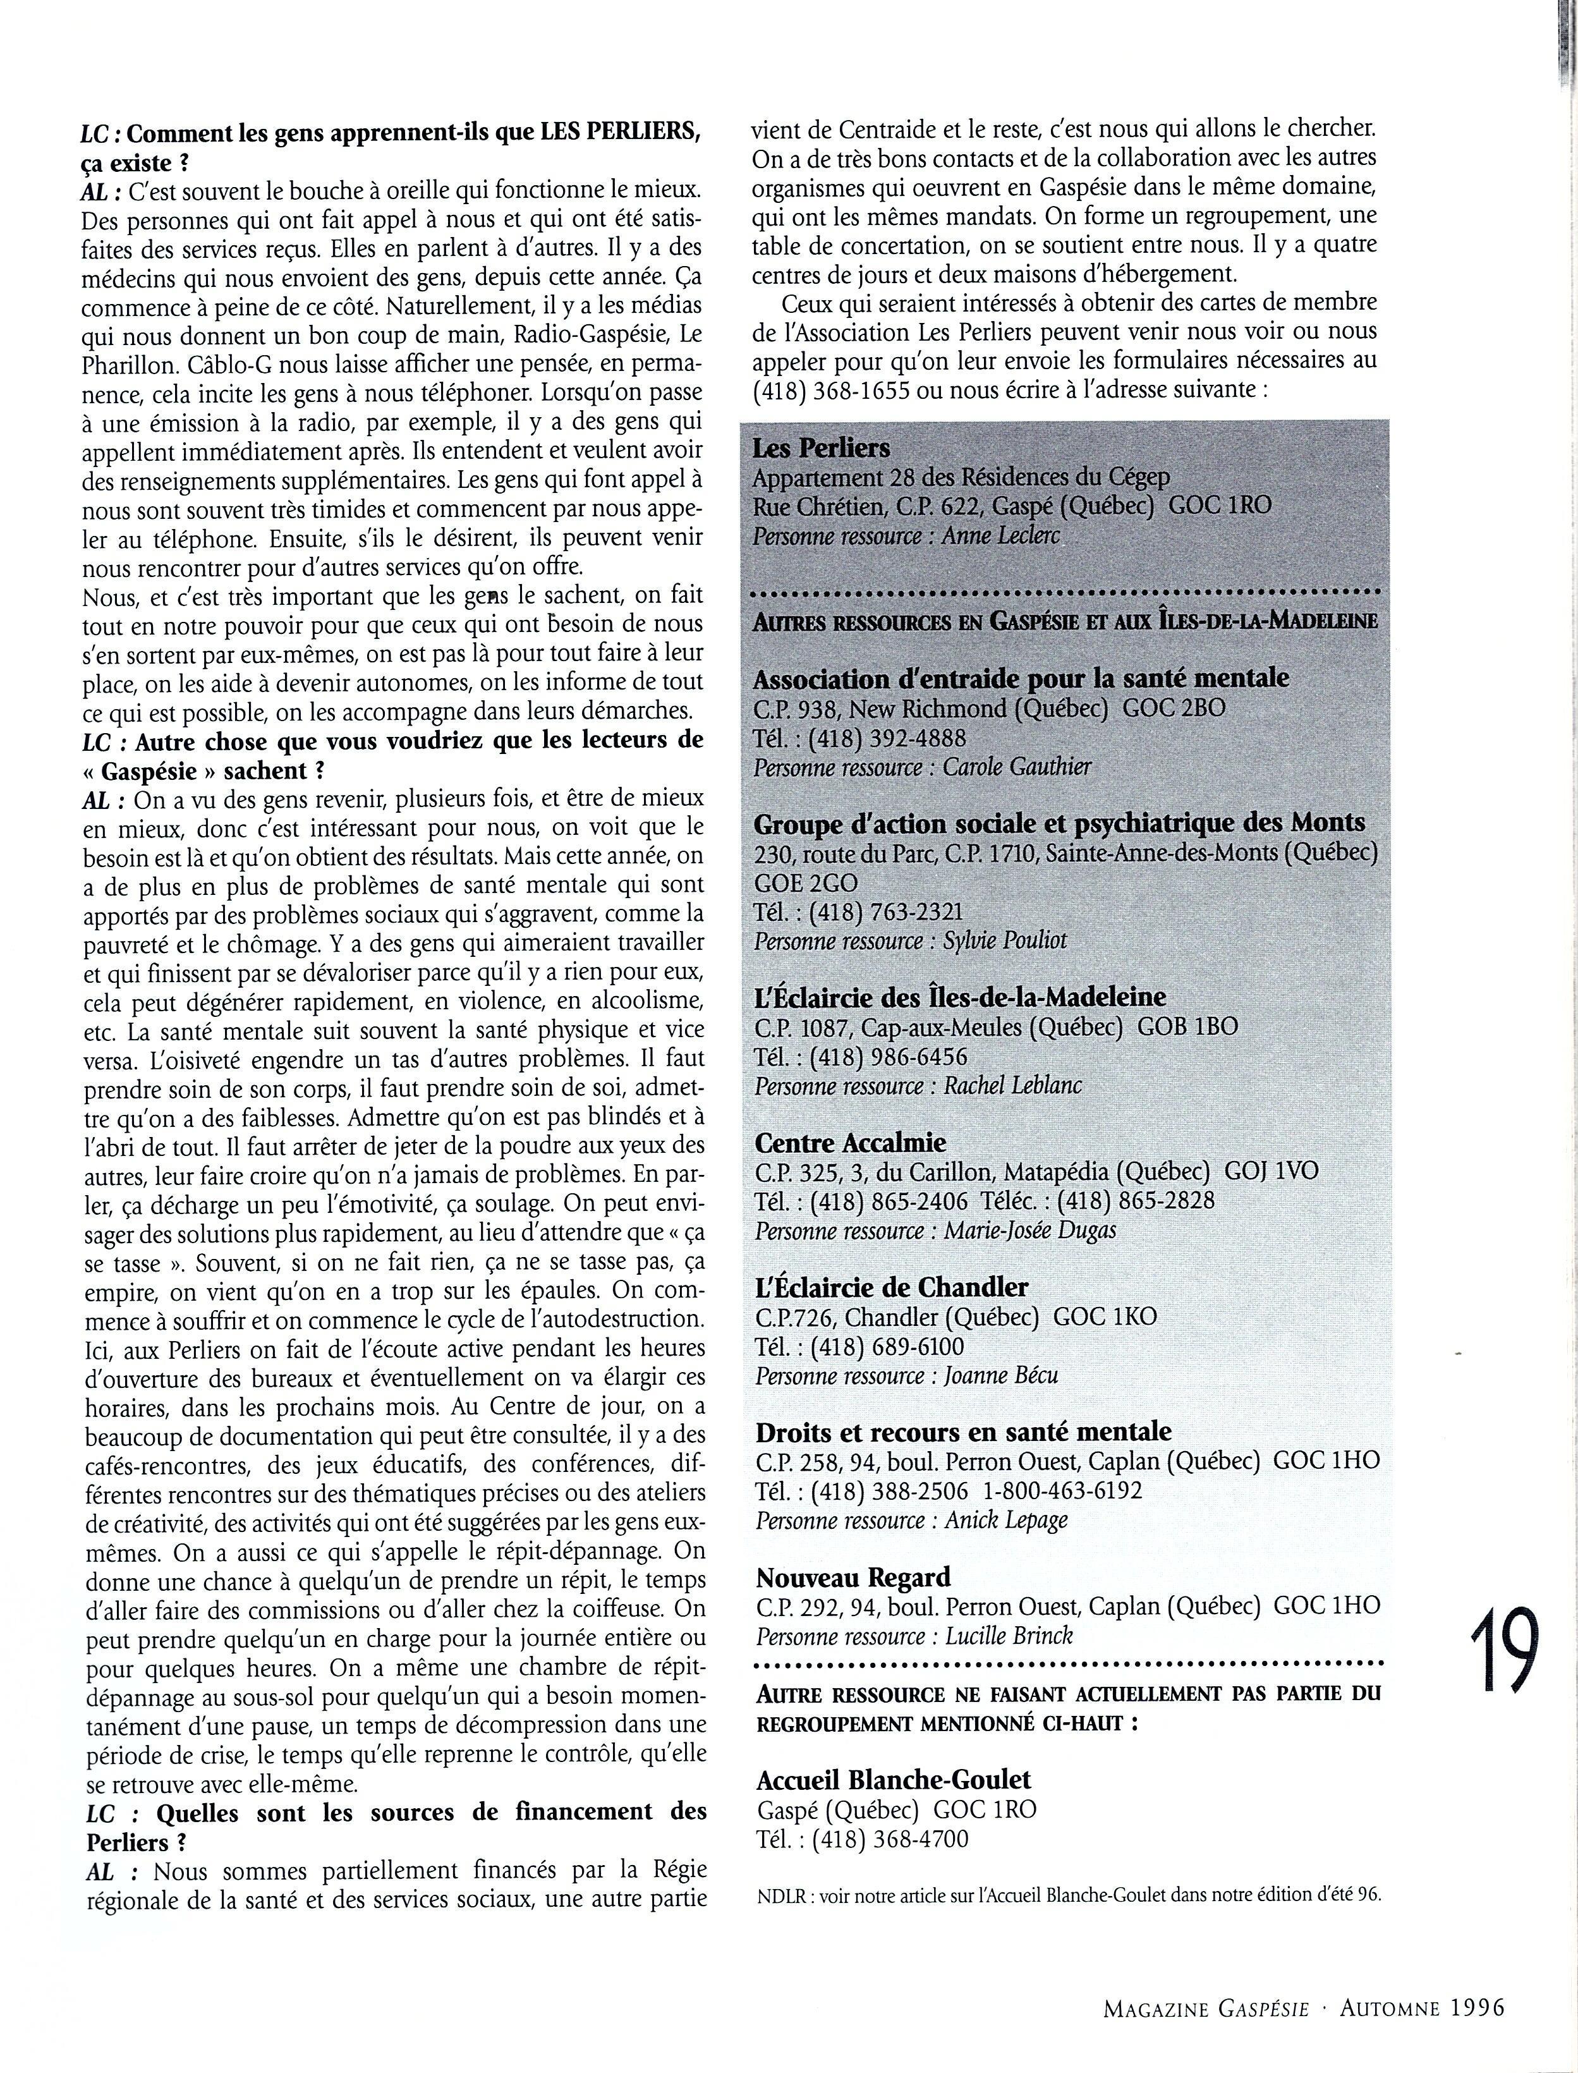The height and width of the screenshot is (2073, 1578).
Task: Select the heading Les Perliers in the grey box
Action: point(821,448)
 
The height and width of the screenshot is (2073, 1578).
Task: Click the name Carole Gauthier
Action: point(1016,767)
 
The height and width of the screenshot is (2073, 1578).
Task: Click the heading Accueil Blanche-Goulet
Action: point(893,1779)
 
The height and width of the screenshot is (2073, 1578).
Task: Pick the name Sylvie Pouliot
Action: point(1004,940)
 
